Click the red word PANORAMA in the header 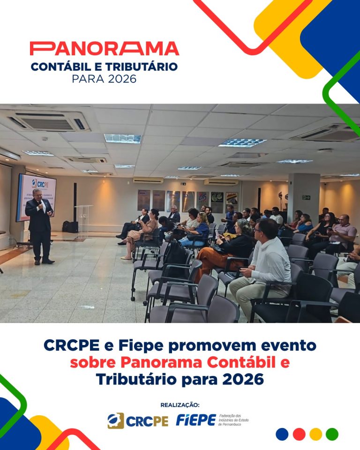click(x=104, y=49)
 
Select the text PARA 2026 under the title click(x=104, y=78)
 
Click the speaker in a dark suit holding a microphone click(x=41, y=225)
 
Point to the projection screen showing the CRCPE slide click(x=36, y=197)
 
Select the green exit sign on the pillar click(x=306, y=197)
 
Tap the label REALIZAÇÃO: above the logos click(x=180, y=405)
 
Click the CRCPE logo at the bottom click(x=138, y=420)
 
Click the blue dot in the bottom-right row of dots click(x=282, y=434)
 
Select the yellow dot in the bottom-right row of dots click(x=316, y=434)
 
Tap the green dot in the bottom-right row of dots click(x=332, y=434)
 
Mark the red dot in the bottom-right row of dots click(x=299, y=434)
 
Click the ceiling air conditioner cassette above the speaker click(x=48, y=122)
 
